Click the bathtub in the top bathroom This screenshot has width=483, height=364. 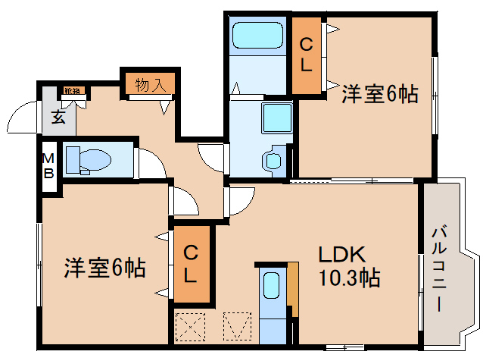click(x=257, y=35)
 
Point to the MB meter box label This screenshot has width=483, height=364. click(x=48, y=165)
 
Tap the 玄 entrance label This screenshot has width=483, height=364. click(x=58, y=117)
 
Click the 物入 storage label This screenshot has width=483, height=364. click(x=149, y=83)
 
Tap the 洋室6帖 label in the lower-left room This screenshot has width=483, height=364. click(x=104, y=267)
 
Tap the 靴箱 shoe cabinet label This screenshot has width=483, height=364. click(x=73, y=92)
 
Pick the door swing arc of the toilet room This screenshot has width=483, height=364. click(x=150, y=162)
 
